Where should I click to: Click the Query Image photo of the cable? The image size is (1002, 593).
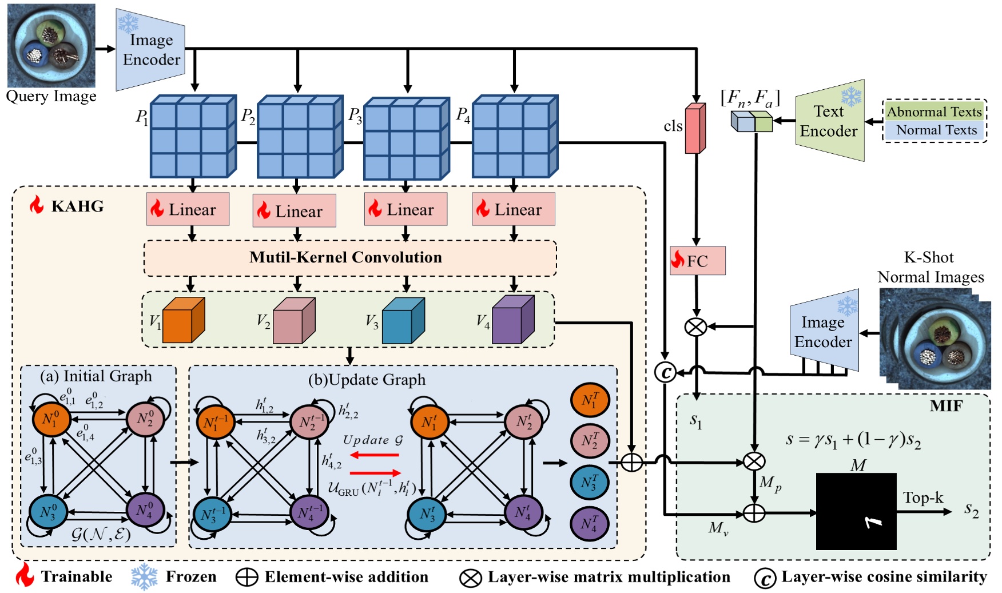pyautogui.click(x=51, y=46)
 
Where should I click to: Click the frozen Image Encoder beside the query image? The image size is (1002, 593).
pyautogui.click(x=150, y=50)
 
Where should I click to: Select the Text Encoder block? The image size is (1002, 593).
pyautogui.click(x=829, y=121)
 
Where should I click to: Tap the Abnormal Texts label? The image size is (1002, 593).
pyautogui.click(x=934, y=112)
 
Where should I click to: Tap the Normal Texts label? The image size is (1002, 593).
pyautogui.click(x=936, y=130)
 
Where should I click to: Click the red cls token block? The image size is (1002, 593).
pyautogui.click(x=694, y=129)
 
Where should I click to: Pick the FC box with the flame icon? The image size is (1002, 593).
pyautogui.click(x=697, y=261)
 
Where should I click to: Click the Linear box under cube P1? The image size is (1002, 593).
pyautogui.click(x=188, y=209)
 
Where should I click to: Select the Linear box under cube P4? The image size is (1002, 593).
pyautogui.click(x=513, y=209)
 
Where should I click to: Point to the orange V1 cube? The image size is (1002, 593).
pyautogui.click(x=183, y=321)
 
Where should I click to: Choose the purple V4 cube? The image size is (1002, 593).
pyautogui.click(x=512, y=320)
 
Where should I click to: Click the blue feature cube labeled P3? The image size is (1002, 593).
pyautogui.click(x=407, y=139)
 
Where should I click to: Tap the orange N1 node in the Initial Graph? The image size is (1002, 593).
pyautogui.click(x=51, y=419)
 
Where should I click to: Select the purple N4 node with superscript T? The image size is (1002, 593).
pyautogui.click(x=590, y=523)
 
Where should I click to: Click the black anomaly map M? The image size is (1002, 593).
pyautogui.click(x=856, y=511)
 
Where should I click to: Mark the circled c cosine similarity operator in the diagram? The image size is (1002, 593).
pyautogui.click(x=665, y=373)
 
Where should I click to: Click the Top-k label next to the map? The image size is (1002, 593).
pyautogui.click(x=923, y=498)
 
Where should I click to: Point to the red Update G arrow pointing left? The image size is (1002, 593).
pyautogui.click(x=375, y=455)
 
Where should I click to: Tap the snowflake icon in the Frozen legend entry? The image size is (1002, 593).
pyautogui.click(x=144, y=576)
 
